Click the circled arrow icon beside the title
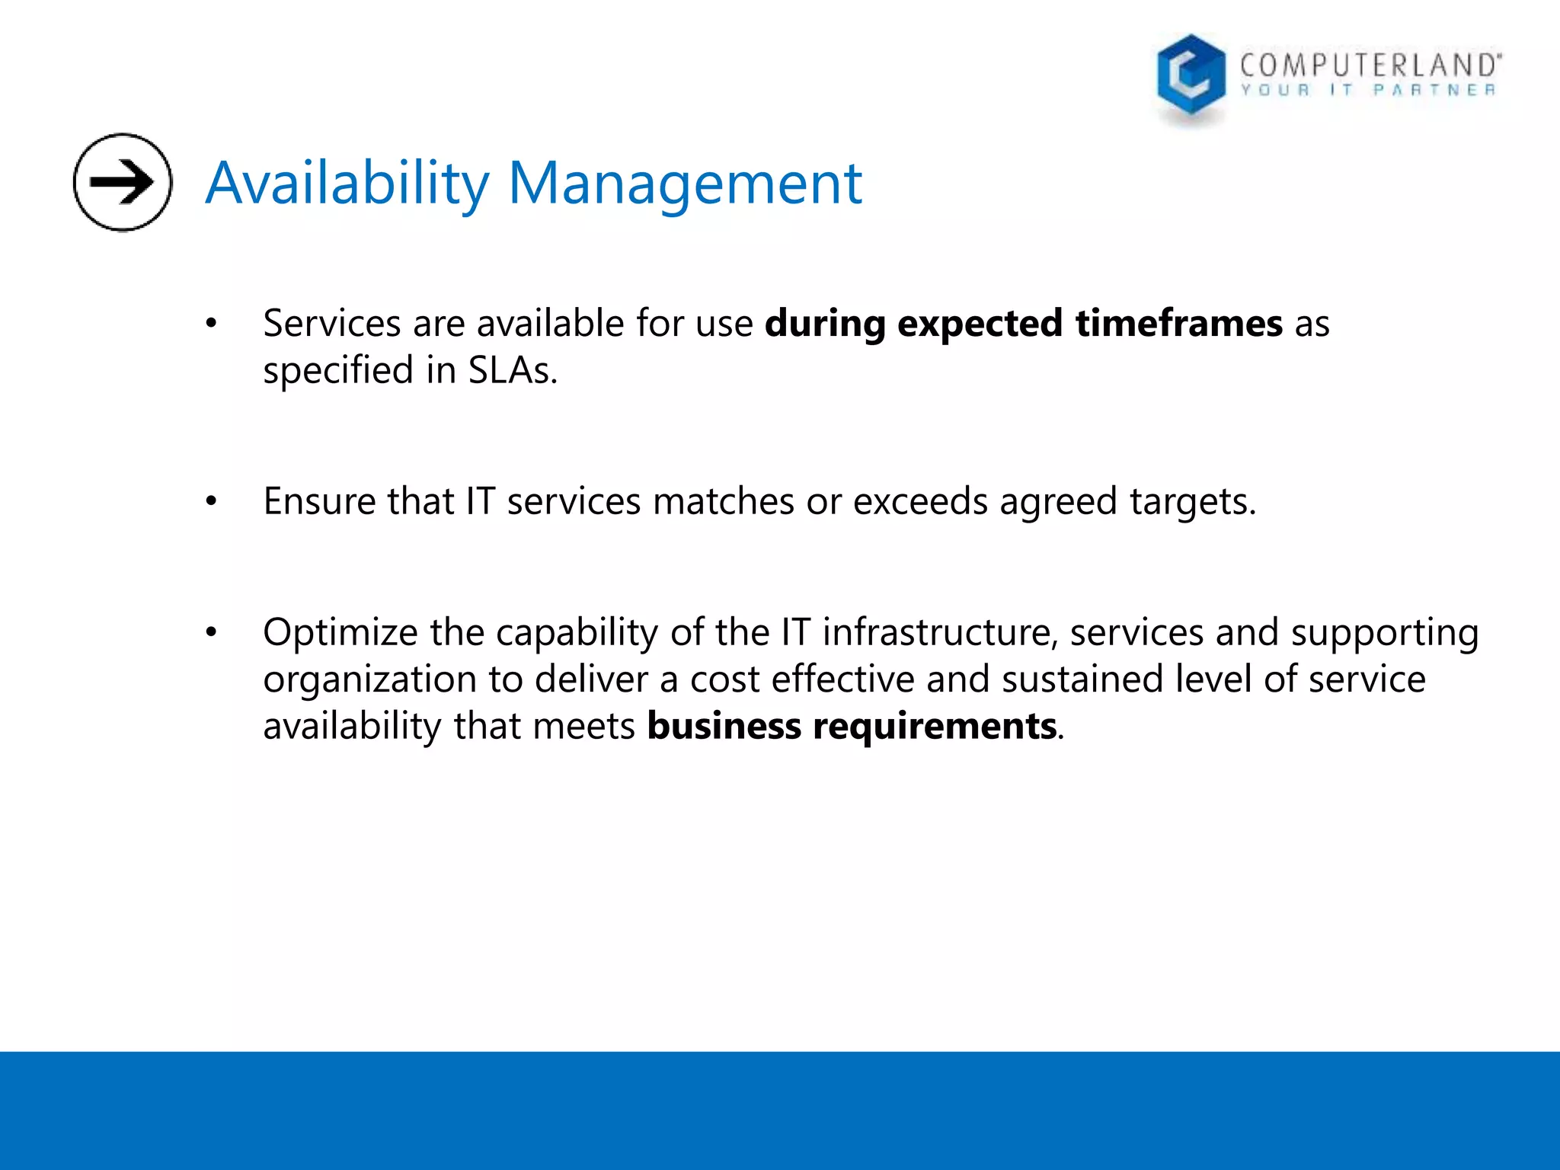(123, 182)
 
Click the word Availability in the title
(347, 184)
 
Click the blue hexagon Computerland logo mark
(1191, 76)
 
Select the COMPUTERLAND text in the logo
(1370, 66)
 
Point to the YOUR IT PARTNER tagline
(1368, 91)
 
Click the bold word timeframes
(1178, 324)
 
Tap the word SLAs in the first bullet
(512, 371)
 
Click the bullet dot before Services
(212, 324)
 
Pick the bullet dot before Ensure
(212, 502)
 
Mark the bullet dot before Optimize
(212, 632)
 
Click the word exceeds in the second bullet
(920, 502)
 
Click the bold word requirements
(935, 727)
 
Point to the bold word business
(724, 726)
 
